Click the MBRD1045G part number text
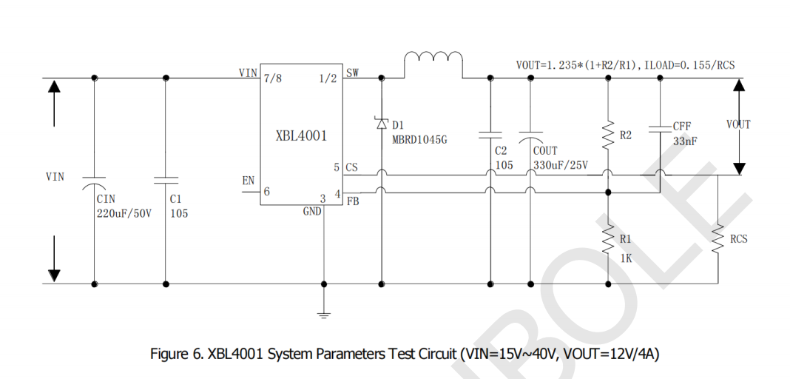pyautogui.click(x=419, y=138)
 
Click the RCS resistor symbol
pyautogui.click(x=718, y=238)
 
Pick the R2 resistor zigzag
pyautogui.click(x=607, y=135)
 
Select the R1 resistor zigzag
pyautogui.click(x=607, y=238)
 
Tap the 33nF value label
pyautogui.click(x=685, y=141)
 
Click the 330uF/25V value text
pyautogui.click(x=561, y=165)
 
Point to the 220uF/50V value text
pyautogui.click(x=124, y=214)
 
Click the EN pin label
pyautogui.click(x=249, y=181)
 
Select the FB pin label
pyautogui.click(x=352, y=201)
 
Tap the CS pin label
pyautogui.click(x=351, y=167)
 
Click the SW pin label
pyautogui.click(x=352, y=73)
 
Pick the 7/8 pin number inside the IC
pyautogui.click(x=272, y=77)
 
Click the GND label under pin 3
pyautogui.click(x=312, y=211)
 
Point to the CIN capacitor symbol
pyautogui.click(x=95, y=181)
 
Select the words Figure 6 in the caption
pyautogui.click(x=175, y=354)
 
